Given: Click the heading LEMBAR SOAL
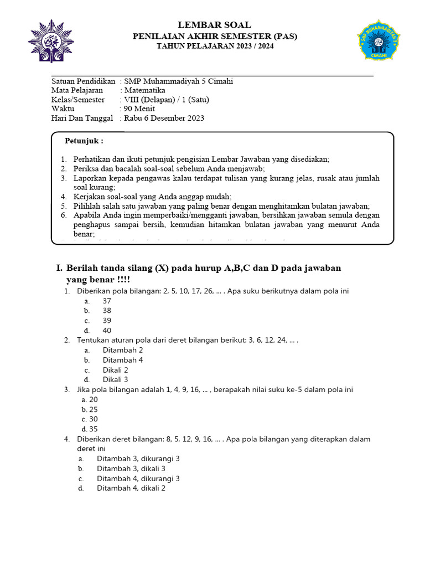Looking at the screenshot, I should pyautogui.click(x=214, y=25).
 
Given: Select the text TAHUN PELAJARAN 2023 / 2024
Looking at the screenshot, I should pyautogui.click(x=215, y=47).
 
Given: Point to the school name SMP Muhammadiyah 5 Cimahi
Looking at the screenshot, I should pyautogui.click(x=179, y=81).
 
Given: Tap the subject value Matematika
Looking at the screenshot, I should pyautogui.click(x=144, y=90).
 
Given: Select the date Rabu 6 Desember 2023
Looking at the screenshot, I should pyautogui.click(x=164, y=118).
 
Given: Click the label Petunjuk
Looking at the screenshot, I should pyautogui.click(x=84, y=141).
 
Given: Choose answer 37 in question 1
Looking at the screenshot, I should pyautogui.click(x=107, y=301).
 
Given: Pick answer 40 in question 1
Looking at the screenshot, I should pyautogui.click(x=107, y=331).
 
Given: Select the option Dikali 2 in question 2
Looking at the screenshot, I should pyautogui.click(x=115, y=370).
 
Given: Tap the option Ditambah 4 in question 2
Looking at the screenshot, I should pyautogui.click(x=122, y=360).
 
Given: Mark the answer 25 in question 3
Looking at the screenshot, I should pyautogui.click(x=94, y=409).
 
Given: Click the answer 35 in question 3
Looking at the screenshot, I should pyautogui.click(x=94, y=429).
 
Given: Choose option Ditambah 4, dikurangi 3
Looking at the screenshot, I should pyautogui.click(x=138, y=478).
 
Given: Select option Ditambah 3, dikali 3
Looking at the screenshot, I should pyautogui.click(x=131, y=468).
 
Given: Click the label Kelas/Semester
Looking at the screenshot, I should pyautogui.click(x=77, y=100).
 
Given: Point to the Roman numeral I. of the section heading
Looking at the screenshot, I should pyautogui.click(x=60, y=268).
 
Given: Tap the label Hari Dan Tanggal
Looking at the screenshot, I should pyautogui.click(x=82, y=118).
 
